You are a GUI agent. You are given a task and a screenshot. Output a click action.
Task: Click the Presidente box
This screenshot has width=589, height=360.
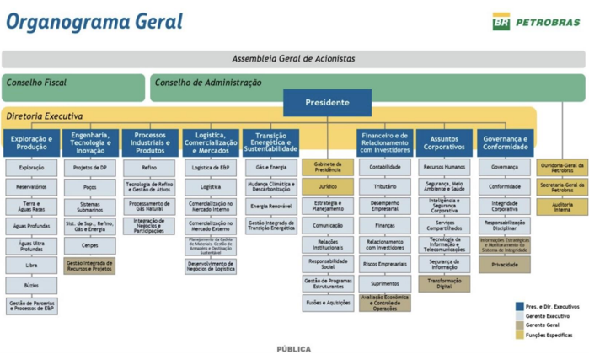pyautogui.click(x=327, y=103)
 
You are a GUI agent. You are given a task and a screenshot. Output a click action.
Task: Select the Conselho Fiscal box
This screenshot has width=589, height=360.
pyautogui.click(x=73, y=83)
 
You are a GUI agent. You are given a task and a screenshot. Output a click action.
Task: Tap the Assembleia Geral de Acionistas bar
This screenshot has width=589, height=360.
pyautogui.click(x=293, y=59)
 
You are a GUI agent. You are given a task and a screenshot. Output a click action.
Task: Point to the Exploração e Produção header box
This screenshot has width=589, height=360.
pyautogui.click(x=32, y=143)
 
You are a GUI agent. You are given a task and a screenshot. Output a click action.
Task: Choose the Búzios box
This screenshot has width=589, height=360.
pyautogui.click(x=32, y=285)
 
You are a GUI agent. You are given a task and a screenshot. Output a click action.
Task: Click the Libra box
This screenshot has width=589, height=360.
pyautogui.click(x=32, y=266)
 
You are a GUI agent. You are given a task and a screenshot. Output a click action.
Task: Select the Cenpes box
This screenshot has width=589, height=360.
pyautogui.click(x=90, y=245)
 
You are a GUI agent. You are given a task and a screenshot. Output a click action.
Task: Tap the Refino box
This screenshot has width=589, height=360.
pyautogui.click(x=150, y=168)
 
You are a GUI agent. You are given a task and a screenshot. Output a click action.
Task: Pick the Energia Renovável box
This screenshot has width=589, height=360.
pyautogui.click(x=270, y=207)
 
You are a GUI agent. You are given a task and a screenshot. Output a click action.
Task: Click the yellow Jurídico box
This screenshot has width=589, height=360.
pyautogui.click(x=328, y=186)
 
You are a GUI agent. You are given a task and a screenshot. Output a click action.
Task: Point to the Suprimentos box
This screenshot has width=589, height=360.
pyautogui.click(x=385, y=284)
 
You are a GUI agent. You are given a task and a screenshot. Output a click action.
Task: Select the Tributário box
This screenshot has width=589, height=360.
pyautogui.click(x=385, y=186)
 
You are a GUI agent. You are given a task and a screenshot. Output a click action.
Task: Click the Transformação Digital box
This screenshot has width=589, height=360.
pyautogui.click(x=444, y=284)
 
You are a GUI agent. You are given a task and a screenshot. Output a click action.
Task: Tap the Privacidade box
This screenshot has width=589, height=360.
pyautogui.click(x=505, y=264)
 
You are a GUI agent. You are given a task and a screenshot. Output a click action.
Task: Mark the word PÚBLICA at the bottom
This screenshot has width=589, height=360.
pyautogui.click(x=294, y=349)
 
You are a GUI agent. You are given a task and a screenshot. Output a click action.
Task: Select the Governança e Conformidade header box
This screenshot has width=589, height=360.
pyautogui.click(x=505, y=143)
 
